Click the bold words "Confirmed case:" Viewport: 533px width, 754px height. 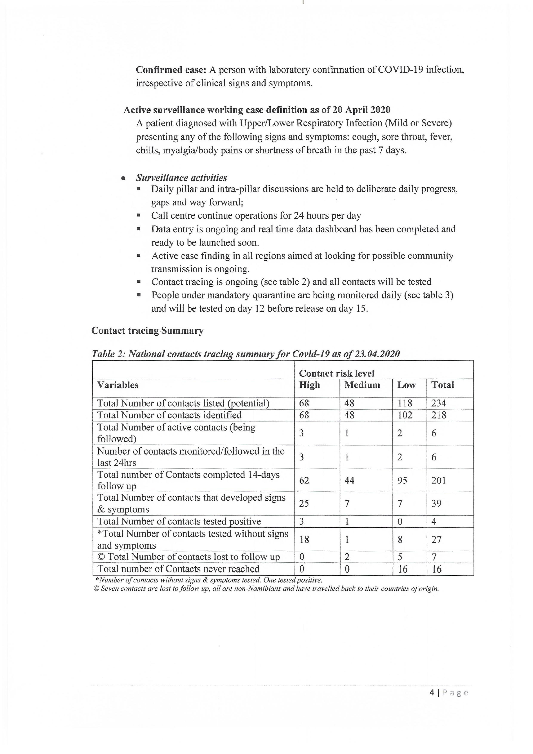171,70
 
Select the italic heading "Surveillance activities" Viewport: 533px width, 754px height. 182,178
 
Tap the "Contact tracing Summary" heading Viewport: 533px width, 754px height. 147,330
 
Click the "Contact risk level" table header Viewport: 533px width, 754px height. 337,373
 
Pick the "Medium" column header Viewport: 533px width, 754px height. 362,385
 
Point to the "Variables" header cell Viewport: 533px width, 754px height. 118,385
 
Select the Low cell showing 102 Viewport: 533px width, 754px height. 405,415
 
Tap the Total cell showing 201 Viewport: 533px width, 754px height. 438,481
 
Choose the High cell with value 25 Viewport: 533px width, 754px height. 304,504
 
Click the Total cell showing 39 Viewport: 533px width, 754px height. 436,504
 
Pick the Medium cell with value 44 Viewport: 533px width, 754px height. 349,481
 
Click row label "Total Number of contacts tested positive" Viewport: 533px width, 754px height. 179,522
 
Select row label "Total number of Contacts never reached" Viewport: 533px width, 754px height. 178,569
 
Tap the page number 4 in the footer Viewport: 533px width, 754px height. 432,693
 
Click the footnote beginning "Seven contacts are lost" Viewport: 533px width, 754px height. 267,588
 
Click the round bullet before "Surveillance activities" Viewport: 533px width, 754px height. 123,178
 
